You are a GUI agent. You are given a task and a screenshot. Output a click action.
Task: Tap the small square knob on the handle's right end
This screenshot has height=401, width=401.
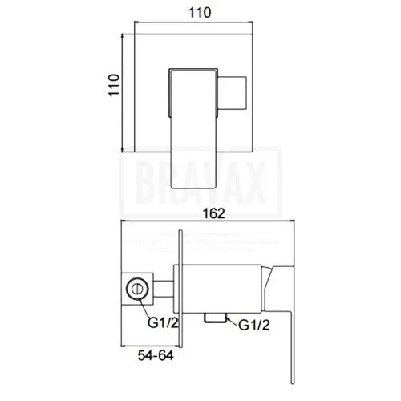(234, 93)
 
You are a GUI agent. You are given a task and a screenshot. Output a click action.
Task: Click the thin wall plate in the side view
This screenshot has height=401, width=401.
(184, 285)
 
